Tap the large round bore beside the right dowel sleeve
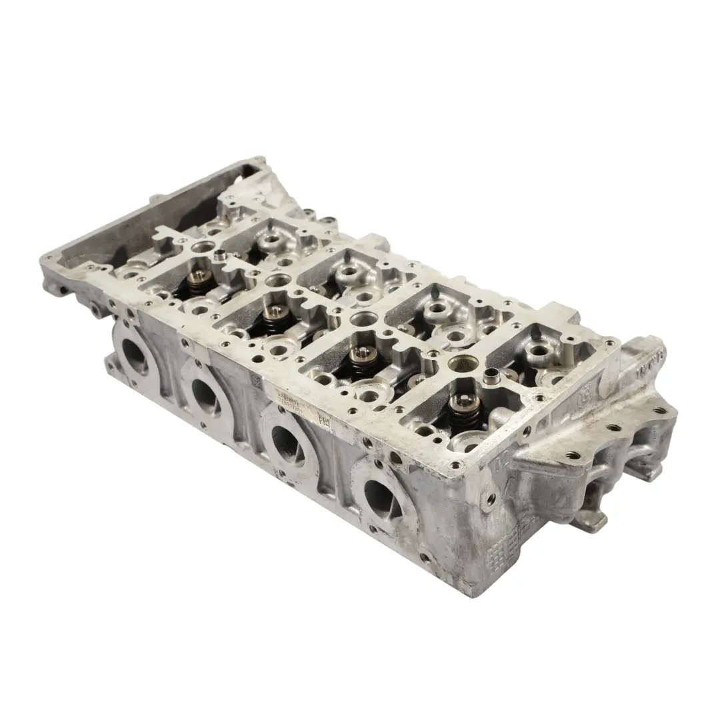[x=462, y=364]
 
